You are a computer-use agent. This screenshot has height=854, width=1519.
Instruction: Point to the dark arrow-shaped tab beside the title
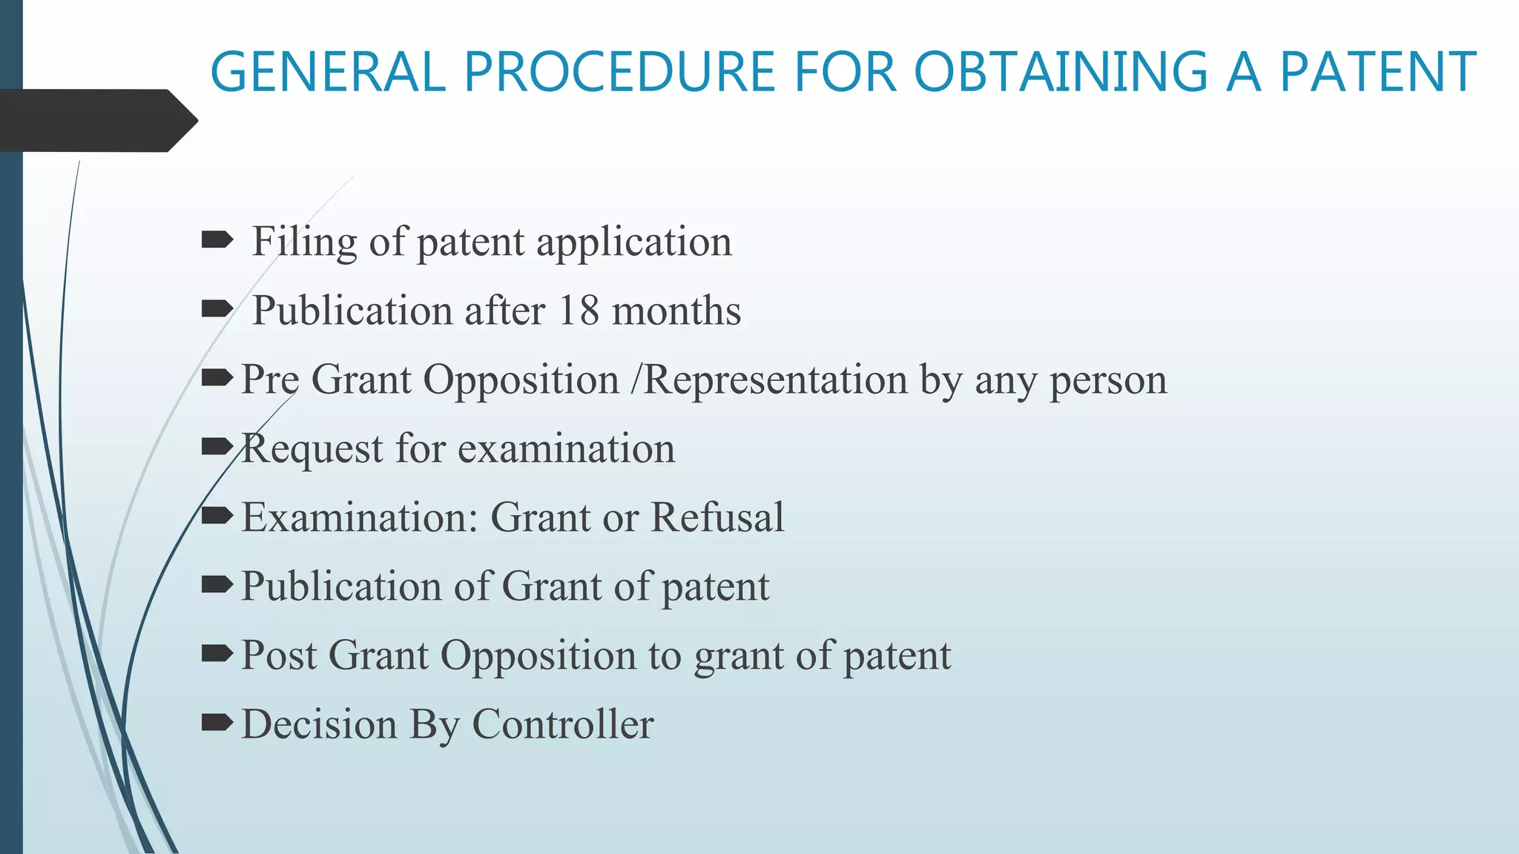pos(96,121)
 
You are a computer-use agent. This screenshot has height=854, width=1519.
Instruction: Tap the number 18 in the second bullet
pos(578,311)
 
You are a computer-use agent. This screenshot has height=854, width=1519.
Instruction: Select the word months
pos(676,311)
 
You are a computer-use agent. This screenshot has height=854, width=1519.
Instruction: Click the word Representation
pos(774,380)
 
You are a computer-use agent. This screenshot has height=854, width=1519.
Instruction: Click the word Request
pos(312,449)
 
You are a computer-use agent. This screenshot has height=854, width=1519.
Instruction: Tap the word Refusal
pos(717,517)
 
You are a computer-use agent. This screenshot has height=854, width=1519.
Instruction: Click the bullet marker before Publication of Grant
pos(217,586)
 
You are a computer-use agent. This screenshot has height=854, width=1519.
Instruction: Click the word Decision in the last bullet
pos(319,724)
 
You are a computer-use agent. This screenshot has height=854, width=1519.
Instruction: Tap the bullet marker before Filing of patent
pos(217,240)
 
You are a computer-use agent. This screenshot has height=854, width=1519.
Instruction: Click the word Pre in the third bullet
pos(270,380)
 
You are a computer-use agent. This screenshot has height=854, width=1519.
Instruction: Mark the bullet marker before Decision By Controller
pos(217,722)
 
